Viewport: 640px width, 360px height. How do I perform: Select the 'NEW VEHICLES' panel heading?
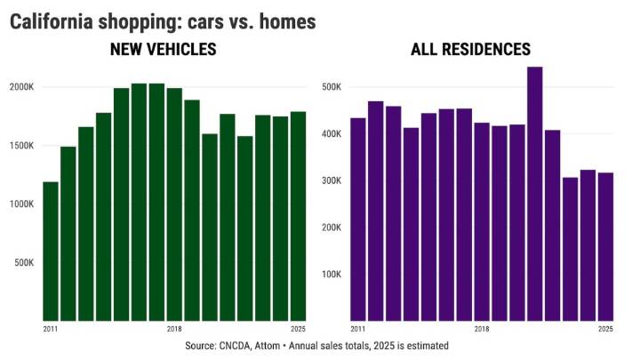pyautogui.click(x=163, y=50)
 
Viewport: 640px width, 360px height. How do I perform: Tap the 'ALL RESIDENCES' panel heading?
pyautogui.click(x=470, y=50)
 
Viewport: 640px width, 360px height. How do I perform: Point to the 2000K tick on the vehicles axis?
pyautogui.click(x=22, y=87)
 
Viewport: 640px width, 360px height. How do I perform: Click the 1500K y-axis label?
pyautogui.click(x=22, y=146)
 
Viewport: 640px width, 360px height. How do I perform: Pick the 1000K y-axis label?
pyautogui.click(x=22, y=204)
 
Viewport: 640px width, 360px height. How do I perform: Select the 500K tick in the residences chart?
pyautogui.click(x=332, y=87)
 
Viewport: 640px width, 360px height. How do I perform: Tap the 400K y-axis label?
pyautogui.click(x=332, y=134)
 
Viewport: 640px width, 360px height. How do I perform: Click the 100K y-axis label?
pyautogui.click(x=332, y=274)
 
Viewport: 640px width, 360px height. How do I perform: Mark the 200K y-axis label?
pyautogui.click(x=332, y=228)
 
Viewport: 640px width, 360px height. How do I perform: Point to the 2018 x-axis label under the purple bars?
pyautogui.click(x=482, y=329)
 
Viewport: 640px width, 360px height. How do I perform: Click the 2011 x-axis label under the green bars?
pyautogui.click(x=51, y=329)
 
